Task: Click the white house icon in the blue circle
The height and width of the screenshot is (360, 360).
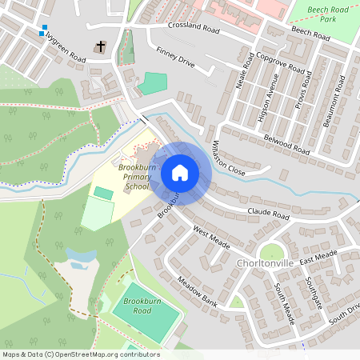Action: tap(180, 172)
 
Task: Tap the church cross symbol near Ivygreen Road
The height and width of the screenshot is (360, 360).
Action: tap(101, 47)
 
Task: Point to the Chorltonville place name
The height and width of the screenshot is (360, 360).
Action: tap(267, 263)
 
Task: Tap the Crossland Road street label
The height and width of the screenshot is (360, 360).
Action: tap(194, 27)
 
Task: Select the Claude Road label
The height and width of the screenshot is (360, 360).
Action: tap(268, 214)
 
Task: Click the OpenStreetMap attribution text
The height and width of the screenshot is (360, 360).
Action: tap(80, 354)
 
